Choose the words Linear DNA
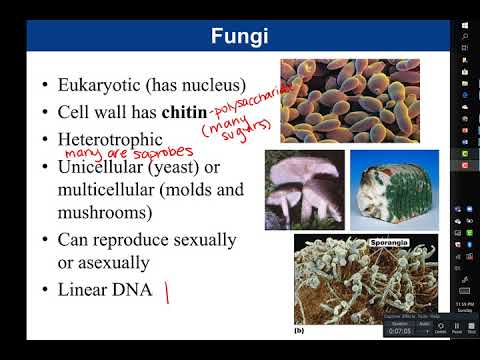click(x=103, y=290)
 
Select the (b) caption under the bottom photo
click(x=300, y=328)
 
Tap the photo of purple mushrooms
click(x=304, y=190)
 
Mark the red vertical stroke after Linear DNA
click(x=168, y=293)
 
